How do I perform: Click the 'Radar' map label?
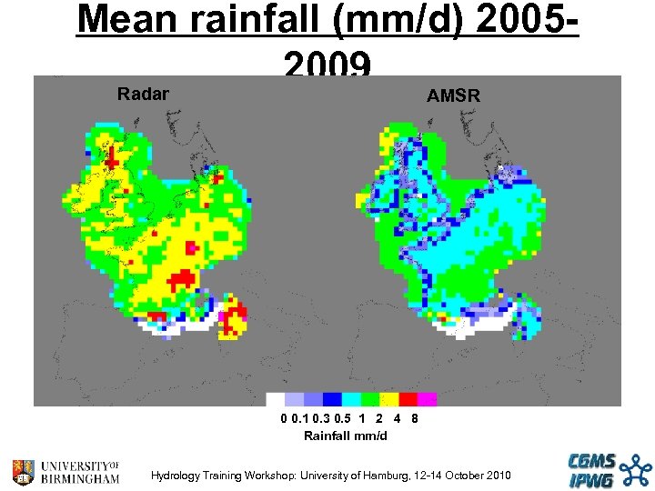click(143, 93)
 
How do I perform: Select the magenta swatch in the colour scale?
click(427, 399)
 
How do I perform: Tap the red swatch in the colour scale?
click(408, 399)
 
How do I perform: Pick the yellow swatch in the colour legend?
click(389, 399)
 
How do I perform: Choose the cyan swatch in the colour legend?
click(351, 399)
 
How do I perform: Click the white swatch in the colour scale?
click(275, 399)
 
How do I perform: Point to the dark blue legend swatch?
click(332, 399)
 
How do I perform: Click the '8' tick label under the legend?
click(414, 420)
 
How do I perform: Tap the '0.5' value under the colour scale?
click(343, 420)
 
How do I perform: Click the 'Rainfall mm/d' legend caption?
click(345, 436)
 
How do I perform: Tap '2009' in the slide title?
click(327, 64)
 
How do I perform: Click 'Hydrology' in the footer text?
click(176, 476)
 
